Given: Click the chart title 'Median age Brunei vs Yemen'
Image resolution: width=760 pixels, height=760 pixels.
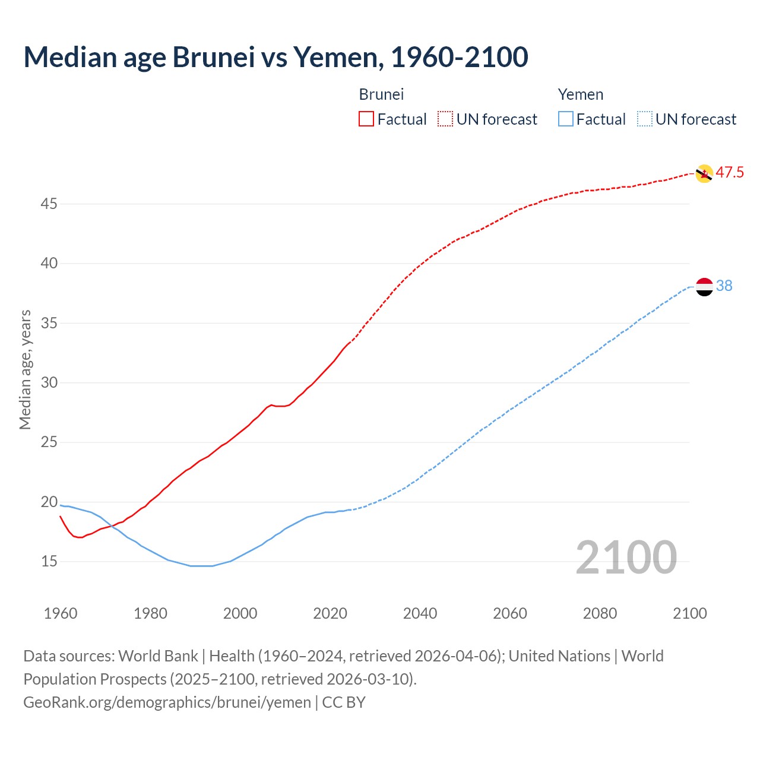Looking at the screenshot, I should pos(275,57).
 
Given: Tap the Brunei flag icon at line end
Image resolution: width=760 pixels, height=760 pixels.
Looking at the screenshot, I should pos(704,173).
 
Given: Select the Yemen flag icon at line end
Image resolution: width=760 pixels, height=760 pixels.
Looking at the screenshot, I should pos(704,286).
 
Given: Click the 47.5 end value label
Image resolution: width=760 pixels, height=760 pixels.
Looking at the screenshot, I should pos(730,173).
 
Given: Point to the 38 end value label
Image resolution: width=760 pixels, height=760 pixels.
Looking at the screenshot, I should pos(724,286).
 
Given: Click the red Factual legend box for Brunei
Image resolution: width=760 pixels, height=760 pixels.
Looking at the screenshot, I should pos(366,119).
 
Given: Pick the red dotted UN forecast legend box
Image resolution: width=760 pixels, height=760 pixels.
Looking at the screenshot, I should pos(445,119).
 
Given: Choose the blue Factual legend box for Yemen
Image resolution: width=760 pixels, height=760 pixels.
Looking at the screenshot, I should pos(566,119).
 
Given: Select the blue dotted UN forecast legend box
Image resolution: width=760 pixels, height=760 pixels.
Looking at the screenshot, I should pos(645,119).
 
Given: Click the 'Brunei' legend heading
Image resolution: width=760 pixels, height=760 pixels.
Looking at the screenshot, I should pos(381,94).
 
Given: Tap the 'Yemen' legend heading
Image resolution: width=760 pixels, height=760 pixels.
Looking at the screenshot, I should pos(581,94).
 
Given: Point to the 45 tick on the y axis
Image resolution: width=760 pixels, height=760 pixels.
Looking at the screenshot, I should pos(49,204).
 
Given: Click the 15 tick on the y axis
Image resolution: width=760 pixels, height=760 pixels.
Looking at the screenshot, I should pos(49,562).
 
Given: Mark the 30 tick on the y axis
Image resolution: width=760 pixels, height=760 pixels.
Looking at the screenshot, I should pos(49,383).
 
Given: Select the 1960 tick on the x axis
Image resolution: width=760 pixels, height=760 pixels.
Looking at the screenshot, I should pos(61,613).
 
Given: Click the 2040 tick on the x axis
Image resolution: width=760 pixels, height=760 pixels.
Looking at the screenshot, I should pos(420,613).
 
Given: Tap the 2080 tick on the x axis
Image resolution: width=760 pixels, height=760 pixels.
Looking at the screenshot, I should pos(600,613).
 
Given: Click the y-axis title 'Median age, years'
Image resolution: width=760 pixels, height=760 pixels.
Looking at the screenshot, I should pos(25,369).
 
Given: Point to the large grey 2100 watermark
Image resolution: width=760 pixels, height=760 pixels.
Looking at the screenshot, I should pos(626,558).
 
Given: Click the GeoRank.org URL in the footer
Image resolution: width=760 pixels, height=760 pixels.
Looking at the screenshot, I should pos(167,702).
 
